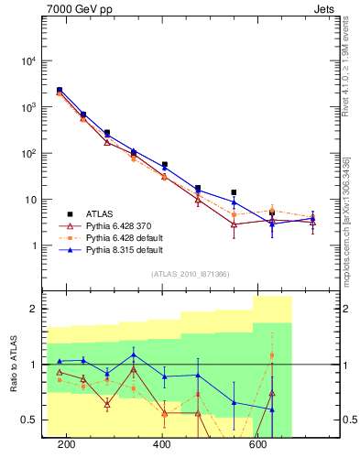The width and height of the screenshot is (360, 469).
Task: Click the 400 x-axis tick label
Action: click(x=163, y=444)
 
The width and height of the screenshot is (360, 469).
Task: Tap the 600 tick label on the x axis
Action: click(x=259, y=444)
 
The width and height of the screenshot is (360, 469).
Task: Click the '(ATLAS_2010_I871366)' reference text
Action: click(x=190, y=274)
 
